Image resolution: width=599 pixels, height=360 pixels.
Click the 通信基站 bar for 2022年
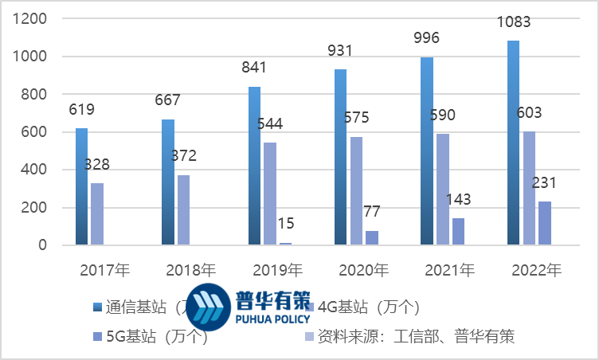(513, 143)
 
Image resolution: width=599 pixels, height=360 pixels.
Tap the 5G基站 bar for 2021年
(457, 231)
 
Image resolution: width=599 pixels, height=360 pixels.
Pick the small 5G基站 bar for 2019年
(285, 243)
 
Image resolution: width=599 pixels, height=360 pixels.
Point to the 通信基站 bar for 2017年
(82, 186)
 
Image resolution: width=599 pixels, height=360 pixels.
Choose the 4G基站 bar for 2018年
(184, 210)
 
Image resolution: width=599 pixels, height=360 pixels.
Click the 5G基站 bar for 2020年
(372, 237)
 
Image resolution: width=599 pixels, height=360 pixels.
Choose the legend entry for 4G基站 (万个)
(366, 307)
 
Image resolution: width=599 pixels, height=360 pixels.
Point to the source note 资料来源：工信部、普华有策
(414, 337)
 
